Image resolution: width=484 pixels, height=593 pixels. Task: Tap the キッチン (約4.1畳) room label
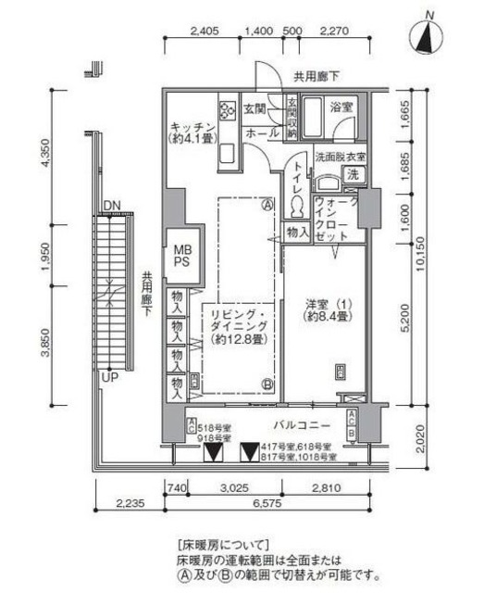click(192, 132)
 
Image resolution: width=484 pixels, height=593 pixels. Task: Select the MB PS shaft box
click(180, 255)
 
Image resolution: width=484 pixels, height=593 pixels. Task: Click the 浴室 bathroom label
click(341, 108)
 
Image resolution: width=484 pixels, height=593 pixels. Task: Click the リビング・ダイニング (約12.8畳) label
click(234, 326)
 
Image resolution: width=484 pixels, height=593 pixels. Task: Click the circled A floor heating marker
click(267, 205)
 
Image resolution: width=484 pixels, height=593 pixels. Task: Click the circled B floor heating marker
click(267, 385)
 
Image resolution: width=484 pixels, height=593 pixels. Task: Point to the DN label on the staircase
click(112, 205)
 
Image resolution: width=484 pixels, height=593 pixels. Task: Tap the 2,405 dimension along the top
click(205, 31)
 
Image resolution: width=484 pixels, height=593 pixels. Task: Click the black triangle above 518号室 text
click(213, 452)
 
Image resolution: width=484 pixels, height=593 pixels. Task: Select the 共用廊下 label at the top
click(316, 75)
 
